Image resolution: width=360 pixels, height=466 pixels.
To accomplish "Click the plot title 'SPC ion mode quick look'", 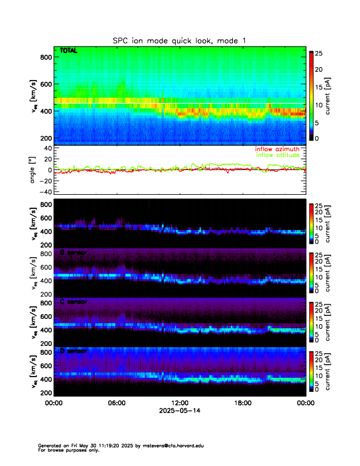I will pos(179,41).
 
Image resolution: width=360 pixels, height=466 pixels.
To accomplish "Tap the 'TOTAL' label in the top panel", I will pos(69,51).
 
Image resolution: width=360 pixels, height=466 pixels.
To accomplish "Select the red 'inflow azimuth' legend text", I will pos(277,149).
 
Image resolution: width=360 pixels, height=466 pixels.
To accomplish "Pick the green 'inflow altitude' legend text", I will pos(278,155).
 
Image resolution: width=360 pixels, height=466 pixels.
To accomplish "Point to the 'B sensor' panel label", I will pos(74,252).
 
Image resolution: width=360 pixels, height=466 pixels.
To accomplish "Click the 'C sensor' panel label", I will pos(74,302).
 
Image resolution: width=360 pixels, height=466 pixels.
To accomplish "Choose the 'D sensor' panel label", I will pos(74,351).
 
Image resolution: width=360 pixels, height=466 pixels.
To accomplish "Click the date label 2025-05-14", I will pos(180,410).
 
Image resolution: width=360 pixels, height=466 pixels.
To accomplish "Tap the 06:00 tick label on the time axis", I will pos(116,403).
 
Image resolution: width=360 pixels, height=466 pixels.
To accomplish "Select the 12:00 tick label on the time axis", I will pos(180,403).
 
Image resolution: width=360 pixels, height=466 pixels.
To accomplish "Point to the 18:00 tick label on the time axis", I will pos(243,403).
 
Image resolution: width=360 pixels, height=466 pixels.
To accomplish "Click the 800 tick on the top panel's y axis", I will pos(46,57).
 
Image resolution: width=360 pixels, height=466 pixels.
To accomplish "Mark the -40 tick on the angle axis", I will pos(44,192).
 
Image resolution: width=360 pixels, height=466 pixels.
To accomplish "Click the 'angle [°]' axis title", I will pos(34,170).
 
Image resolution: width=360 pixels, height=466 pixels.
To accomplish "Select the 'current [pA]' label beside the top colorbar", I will pos(338,97).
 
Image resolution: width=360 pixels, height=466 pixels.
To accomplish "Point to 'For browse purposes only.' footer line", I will pos(70,450).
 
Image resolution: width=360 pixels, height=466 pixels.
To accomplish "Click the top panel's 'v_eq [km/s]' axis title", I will pos(34,97).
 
